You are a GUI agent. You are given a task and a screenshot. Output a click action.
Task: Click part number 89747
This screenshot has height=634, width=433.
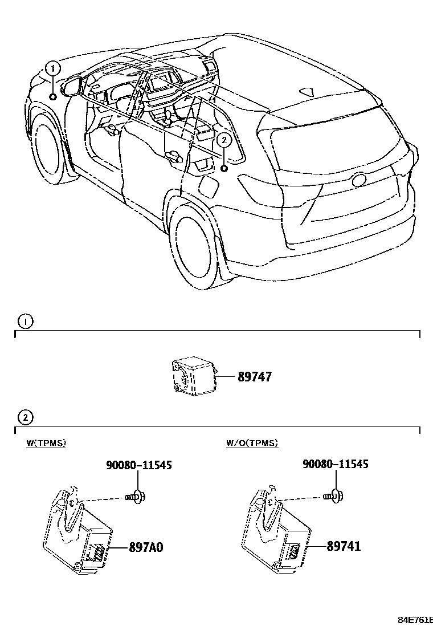point(246,377)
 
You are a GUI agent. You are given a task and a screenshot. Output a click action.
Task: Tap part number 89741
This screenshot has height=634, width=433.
point(344,547)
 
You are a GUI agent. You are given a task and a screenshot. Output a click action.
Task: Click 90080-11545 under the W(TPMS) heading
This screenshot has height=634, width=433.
point(138,465)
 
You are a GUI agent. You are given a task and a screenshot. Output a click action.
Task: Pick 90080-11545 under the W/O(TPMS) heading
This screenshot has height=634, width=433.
point(335,464)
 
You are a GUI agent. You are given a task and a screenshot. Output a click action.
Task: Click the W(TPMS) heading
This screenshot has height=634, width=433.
point(46,443)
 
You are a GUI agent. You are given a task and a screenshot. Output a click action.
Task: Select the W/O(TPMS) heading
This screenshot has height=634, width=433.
point(252,443)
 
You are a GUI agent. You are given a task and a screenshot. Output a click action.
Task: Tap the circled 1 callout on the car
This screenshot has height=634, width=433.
point(52,69)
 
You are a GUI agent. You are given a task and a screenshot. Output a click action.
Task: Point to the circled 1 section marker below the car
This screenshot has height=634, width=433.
point(25,322)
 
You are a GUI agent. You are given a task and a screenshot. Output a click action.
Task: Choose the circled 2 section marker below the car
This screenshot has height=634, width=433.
point(25,418)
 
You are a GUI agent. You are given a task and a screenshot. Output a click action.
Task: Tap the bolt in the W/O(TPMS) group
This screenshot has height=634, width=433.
point(333,497)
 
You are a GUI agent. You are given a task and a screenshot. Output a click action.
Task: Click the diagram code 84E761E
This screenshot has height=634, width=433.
point(415,619)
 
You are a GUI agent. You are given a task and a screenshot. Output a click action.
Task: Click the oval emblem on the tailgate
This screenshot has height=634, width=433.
point(359,180)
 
